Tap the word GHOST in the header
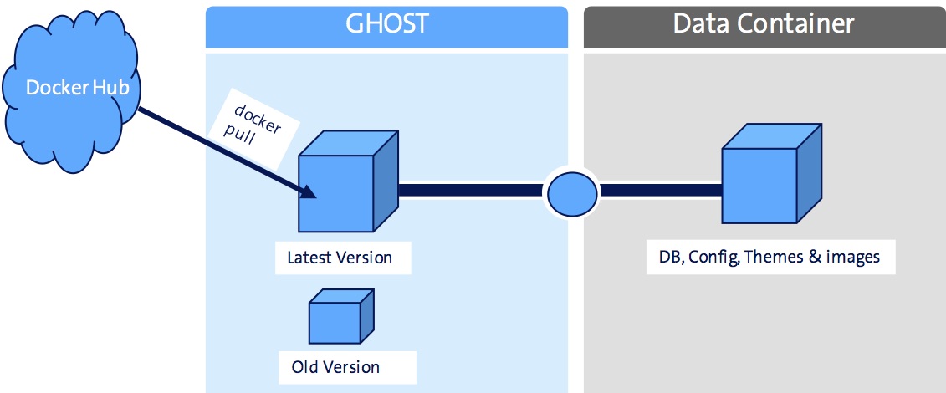(386, 23)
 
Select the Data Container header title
(764, 23)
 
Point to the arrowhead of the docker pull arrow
(310, 195)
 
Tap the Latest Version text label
(340, 258)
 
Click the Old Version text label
(335, 367)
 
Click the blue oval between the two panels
(572, 191)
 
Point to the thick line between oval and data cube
(661, 191)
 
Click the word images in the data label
(852, 257)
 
